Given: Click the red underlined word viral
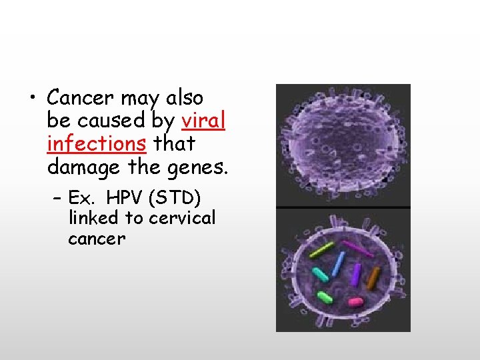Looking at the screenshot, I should [x=203, y=121].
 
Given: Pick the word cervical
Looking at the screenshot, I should [x=182, y=217].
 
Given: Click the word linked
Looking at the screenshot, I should [x=91, y=217].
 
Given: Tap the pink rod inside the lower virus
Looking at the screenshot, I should [x=355, y=301].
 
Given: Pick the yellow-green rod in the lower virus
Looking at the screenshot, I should [x=322, y=249].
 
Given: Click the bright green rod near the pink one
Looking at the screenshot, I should [x=325, y=297].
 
